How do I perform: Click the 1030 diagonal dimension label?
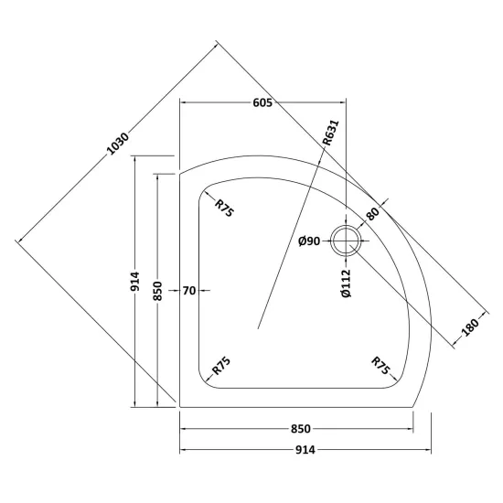(x=118, y=144)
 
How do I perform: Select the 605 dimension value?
(x=262, y=102)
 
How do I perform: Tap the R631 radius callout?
(x=331, y=133)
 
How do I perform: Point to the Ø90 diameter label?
(x=309, y=241)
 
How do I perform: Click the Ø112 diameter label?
(x=346, y=284)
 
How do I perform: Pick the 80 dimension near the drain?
(x=372, y=214)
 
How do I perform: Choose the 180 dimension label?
(x=471, y=326)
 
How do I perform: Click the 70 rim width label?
(x=189, y=291)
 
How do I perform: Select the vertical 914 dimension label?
(x=135, y=282)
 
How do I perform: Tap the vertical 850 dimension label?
(x=157, y=291)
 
